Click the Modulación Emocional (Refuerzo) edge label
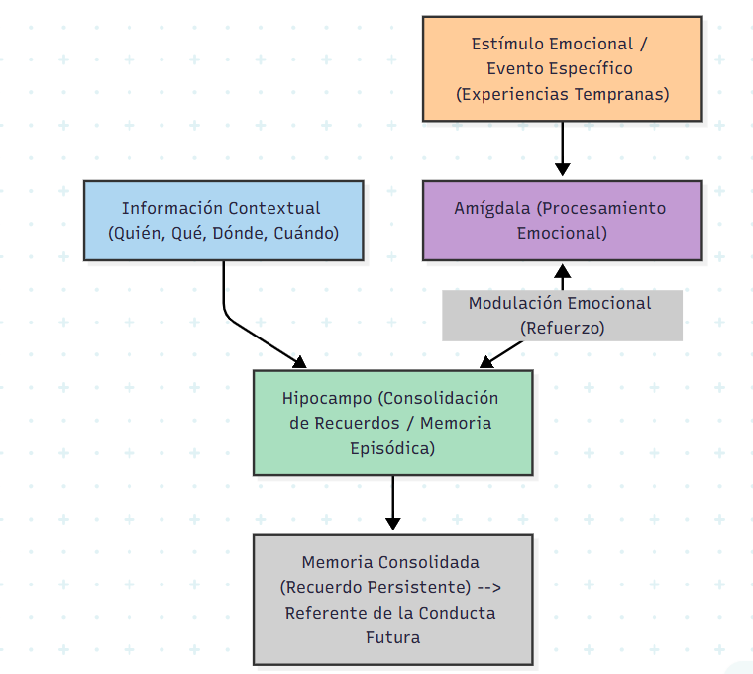[562, 315]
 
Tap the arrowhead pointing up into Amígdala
[562, 269]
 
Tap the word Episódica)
[392, 448]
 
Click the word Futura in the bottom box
[392, 637]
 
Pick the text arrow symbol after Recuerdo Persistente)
[489, 587]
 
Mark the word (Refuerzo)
[562, 328]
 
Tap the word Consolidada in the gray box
[431, 562]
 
